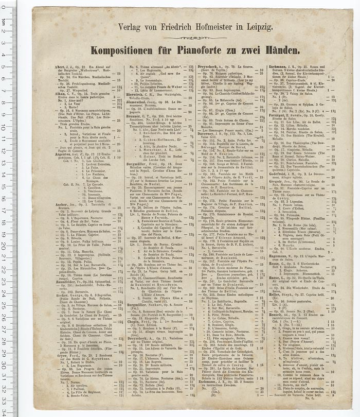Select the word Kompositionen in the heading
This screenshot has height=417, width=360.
[x=122, y=50]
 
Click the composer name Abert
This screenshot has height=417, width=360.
[x=58, y=67]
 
